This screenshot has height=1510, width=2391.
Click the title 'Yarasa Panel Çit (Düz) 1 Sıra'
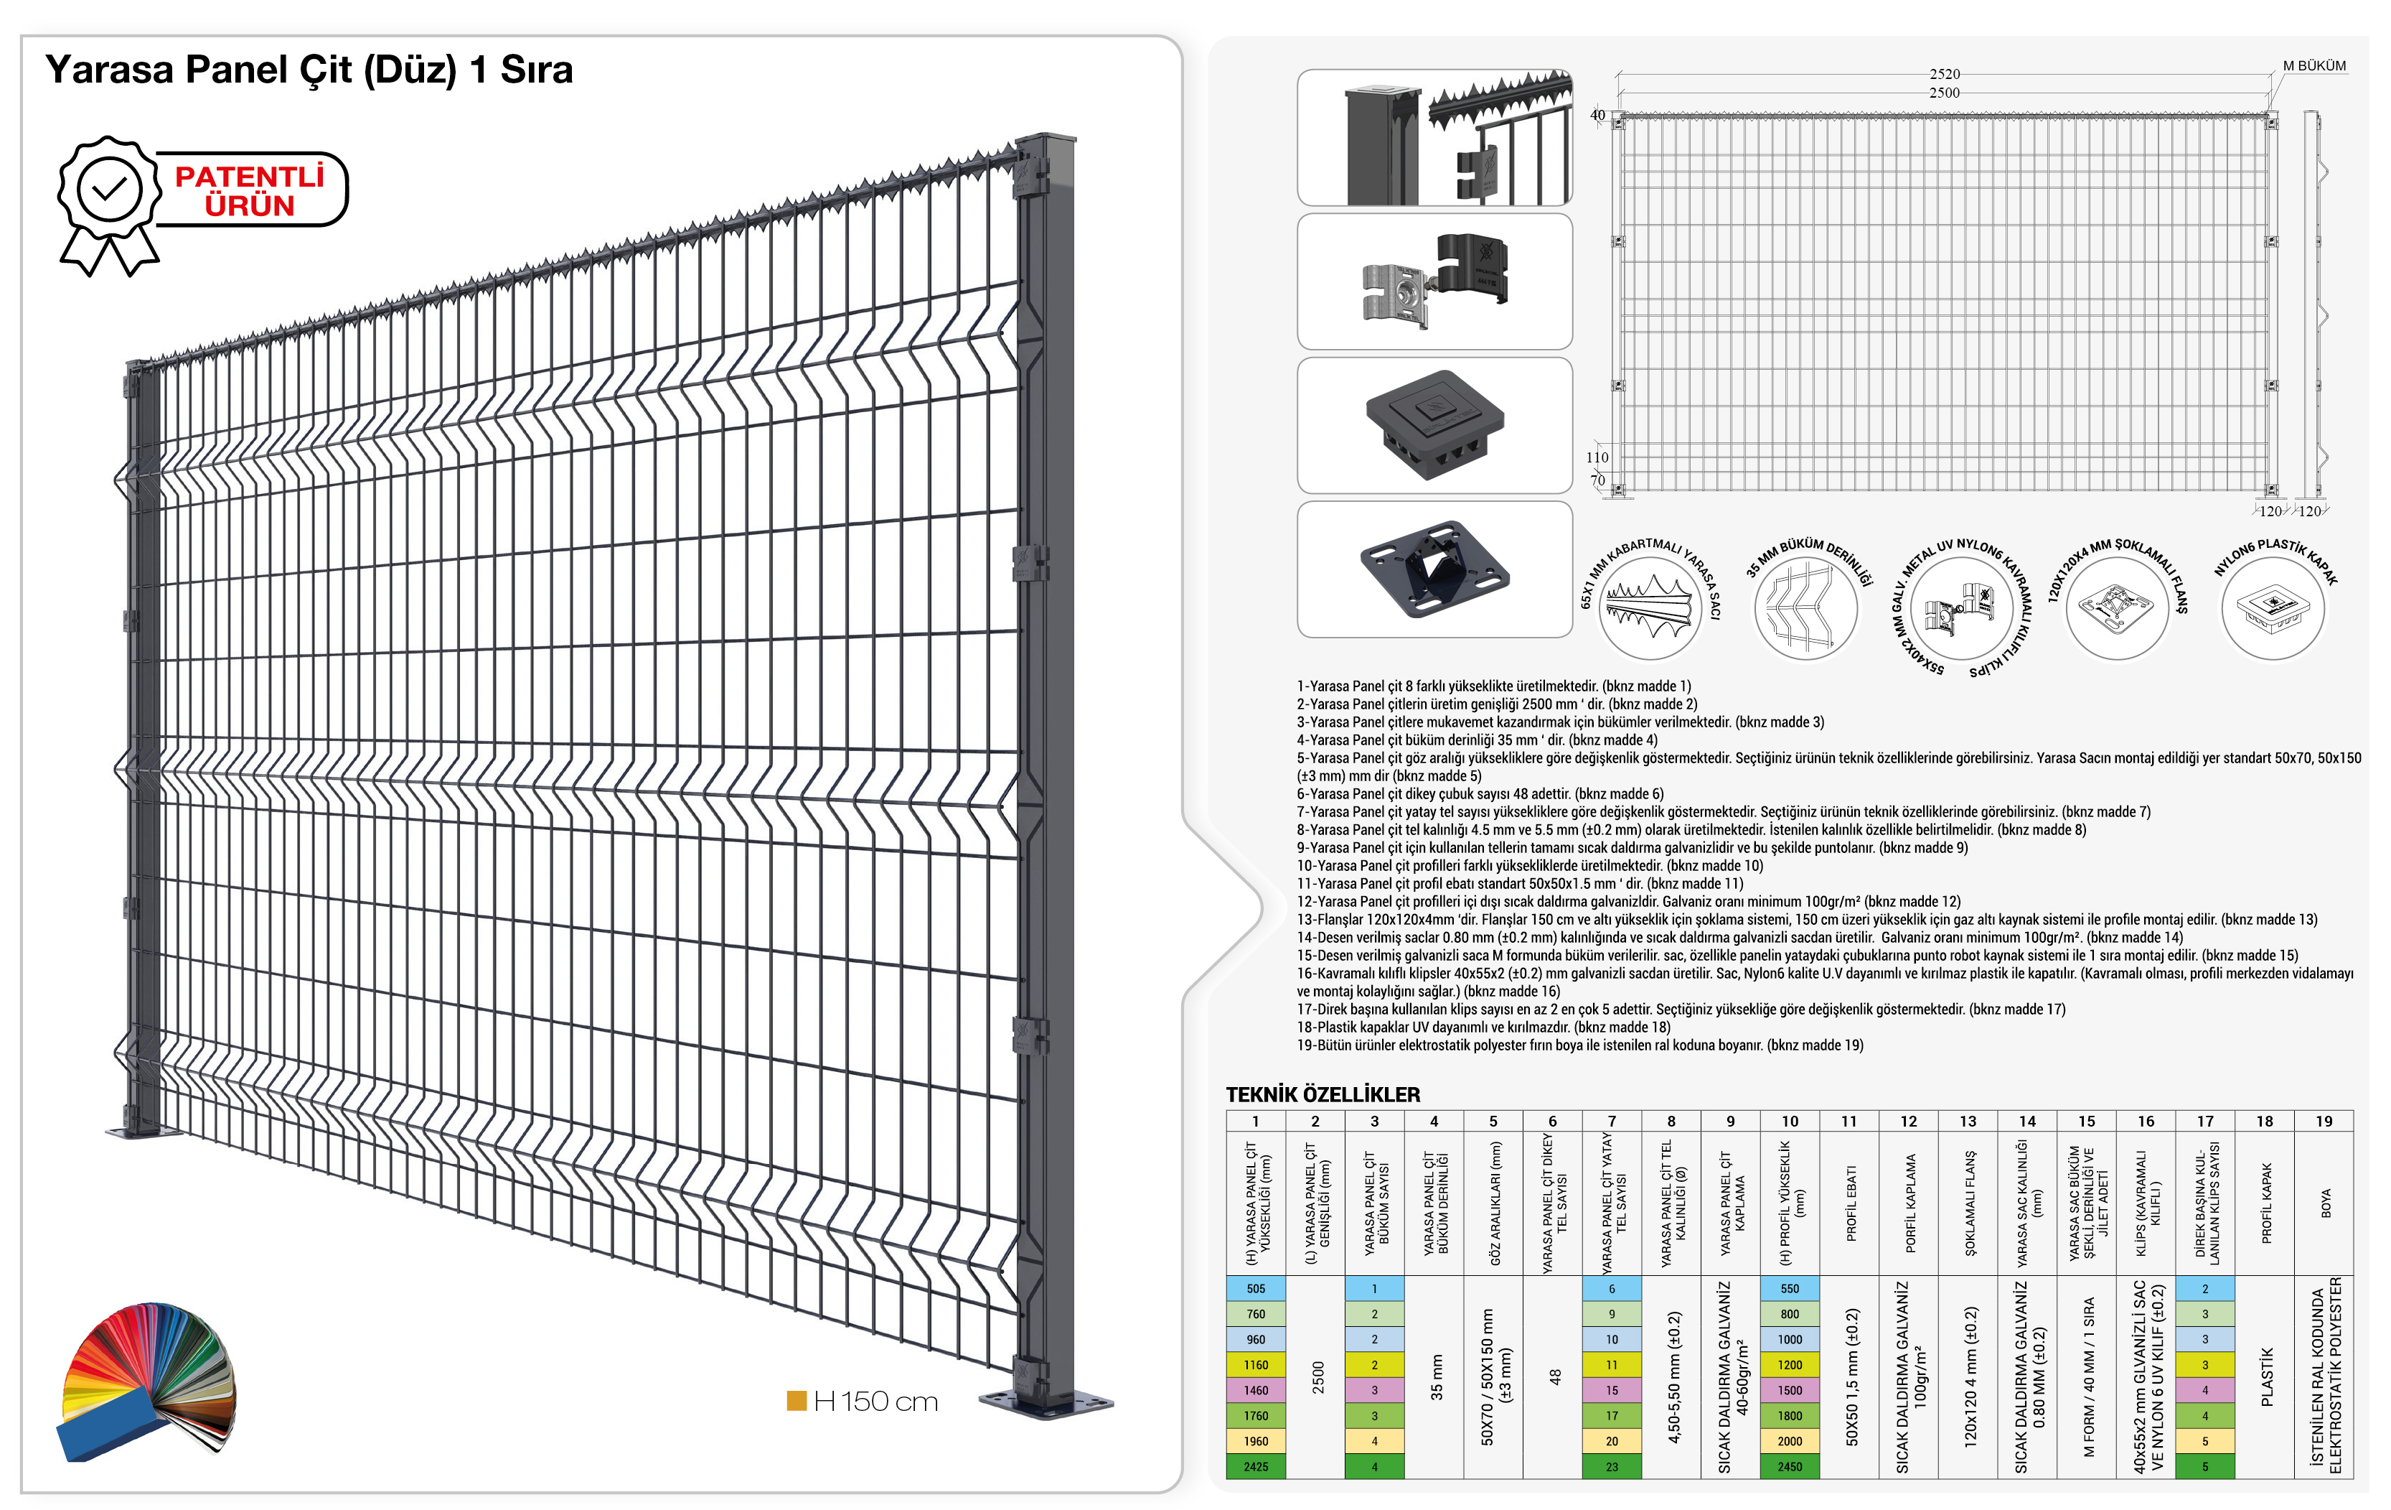click(309, 70)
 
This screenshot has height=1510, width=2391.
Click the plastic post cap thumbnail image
click(1434, 425)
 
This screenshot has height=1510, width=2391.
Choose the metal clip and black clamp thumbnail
click(1434, 281)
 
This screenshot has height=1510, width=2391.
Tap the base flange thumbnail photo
click(1434, 569)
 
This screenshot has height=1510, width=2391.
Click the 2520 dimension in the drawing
click(1944, 73)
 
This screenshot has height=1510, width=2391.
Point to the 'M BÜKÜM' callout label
click(2314, 65)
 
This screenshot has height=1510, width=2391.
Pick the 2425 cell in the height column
click(1256, 1466)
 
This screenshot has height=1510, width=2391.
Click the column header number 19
click(2324, 1122)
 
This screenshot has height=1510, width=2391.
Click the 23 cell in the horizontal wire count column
click(1612, 1466)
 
